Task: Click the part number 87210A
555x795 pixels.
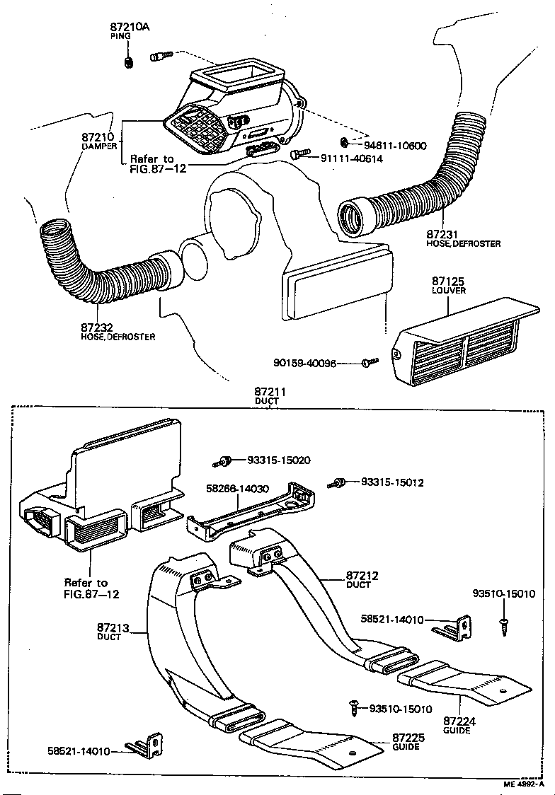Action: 130,28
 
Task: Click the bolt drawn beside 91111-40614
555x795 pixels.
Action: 299,153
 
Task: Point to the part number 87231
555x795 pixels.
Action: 443,234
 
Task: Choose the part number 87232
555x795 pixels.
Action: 97,328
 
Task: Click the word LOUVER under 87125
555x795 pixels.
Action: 447,291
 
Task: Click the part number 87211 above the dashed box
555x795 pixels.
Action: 268,392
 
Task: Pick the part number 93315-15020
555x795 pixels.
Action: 278,460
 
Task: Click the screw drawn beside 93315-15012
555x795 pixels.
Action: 338,483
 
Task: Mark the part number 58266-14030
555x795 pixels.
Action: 237,488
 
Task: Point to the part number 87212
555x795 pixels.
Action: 362,576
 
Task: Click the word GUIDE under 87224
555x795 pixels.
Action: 457,731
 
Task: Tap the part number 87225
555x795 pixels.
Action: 408,738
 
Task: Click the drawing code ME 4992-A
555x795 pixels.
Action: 524,784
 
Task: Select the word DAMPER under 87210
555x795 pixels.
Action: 98,146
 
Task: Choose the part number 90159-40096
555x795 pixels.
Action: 304,363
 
